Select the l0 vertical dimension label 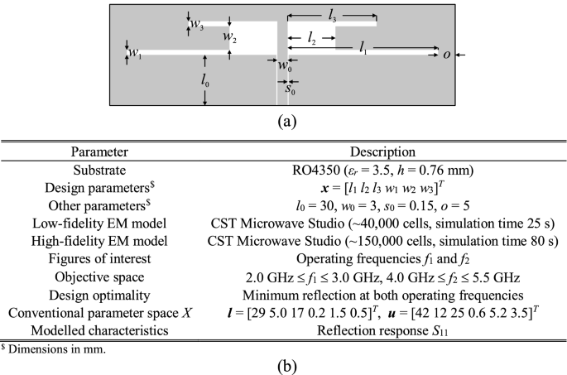205,80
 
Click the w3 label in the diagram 197,25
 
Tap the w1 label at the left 134,54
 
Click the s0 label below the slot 283,89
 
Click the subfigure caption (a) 286,121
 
